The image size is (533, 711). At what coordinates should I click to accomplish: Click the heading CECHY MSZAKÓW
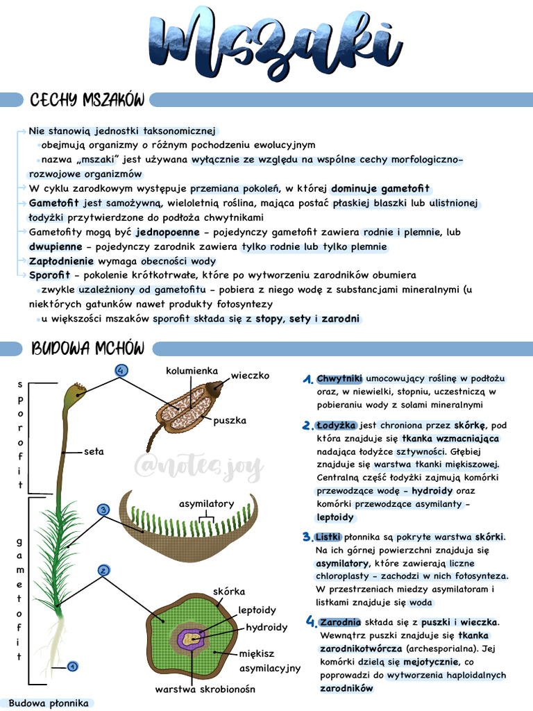[x=87, y=100]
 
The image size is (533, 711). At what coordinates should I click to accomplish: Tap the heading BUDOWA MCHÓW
[x=87, y=347]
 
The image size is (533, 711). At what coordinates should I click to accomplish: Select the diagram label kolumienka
[x=192, y=371]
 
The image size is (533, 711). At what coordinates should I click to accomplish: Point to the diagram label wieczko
[x=250, y=376]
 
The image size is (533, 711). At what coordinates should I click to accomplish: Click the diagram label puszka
[x=230, y=420]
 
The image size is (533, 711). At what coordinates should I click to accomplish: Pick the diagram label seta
[x=94, y=451]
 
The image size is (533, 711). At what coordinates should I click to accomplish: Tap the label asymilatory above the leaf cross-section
[x=207, y=503]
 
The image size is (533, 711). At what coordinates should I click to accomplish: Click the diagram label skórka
[x=229, y=592]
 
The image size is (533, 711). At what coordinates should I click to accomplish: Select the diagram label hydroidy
[x=266, y=628]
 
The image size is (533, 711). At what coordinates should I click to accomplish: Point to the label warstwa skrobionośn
[x=205, y=689]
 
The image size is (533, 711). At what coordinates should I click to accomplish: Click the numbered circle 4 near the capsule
[x=121, y=371]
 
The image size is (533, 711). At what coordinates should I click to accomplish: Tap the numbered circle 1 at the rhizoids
[x=73, y=667]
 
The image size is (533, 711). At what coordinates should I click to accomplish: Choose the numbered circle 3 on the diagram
[x=103, y=510]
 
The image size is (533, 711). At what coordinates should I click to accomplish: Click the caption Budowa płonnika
[x=49, y=703]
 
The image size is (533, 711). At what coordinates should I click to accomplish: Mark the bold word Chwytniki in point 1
[x=339, y=379]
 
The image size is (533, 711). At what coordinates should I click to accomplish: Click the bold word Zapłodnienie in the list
[x=61, y=261]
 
